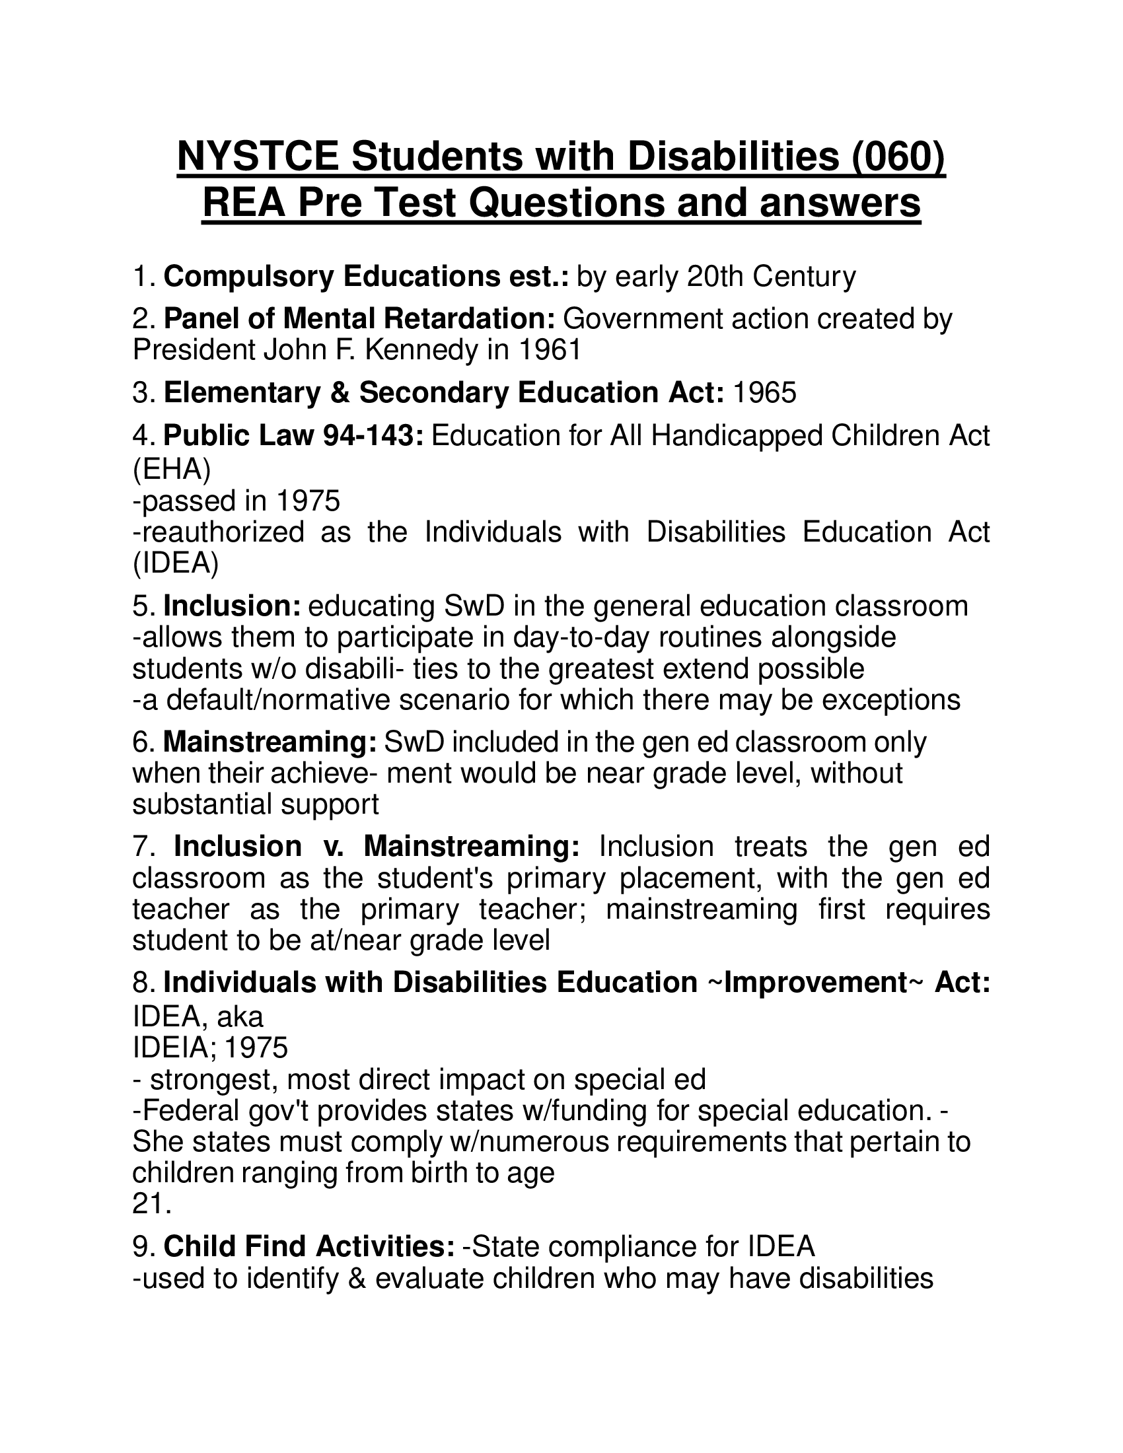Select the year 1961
(550, 349)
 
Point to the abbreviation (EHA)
(172, 469)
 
